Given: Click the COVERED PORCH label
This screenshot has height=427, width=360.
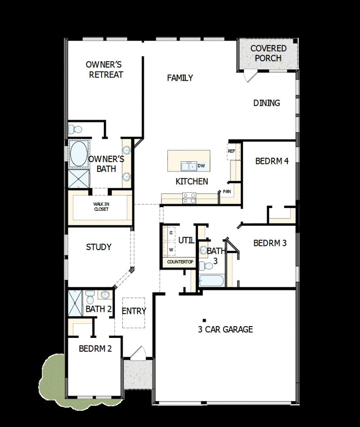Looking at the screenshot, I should (268, 53).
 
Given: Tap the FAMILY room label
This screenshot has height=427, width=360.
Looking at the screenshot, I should (180, 77).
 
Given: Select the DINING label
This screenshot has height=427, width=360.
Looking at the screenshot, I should (266, 103).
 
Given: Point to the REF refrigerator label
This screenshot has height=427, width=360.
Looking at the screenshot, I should (231, 151).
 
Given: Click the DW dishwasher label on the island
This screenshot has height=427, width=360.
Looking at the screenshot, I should (202, 166).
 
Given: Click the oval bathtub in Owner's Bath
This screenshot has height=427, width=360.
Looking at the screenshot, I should (79, 154).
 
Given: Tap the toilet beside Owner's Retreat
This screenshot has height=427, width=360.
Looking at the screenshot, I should (75, 130).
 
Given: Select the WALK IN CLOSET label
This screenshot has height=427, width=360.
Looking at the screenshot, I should (101, 206).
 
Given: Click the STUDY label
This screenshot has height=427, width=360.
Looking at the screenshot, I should (99, 247).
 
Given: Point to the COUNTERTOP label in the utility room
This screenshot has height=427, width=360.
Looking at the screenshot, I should (180, 262).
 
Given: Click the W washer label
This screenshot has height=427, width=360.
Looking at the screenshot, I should (171, 248).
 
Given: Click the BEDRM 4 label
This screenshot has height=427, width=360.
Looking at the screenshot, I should (271, 161).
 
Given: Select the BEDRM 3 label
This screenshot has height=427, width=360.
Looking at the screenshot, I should (270, 243).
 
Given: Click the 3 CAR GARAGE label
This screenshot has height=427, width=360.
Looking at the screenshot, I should (225, 329).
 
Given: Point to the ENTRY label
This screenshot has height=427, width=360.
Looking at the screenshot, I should (134, 311).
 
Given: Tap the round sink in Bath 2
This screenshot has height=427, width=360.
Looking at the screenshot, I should (105, 295).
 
